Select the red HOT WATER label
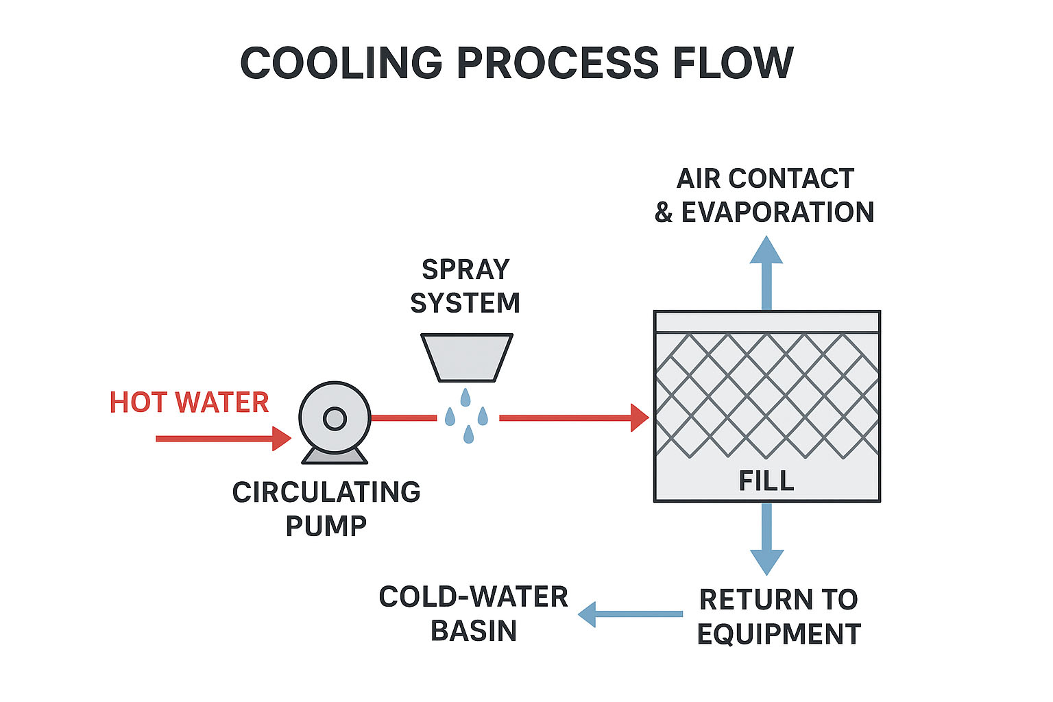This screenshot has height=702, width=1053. (189, 402)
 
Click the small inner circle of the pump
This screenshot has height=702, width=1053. (335, 418)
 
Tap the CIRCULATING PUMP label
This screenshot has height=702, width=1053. (326, 509)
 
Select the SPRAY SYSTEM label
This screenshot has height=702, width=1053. (465, 286)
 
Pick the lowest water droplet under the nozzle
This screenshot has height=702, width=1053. (468, 435)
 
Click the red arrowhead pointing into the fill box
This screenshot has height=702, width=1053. (639, 417)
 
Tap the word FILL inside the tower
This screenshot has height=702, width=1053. (766, 481)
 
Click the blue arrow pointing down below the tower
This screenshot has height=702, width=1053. (766, 539)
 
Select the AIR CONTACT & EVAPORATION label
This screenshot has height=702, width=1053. (765, 195)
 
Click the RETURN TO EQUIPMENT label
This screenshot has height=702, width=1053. (779, 616)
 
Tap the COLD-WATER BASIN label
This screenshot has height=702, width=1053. (474, 614)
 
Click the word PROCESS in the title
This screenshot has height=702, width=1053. (557, 63)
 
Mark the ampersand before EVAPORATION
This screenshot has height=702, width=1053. (664, 213)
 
